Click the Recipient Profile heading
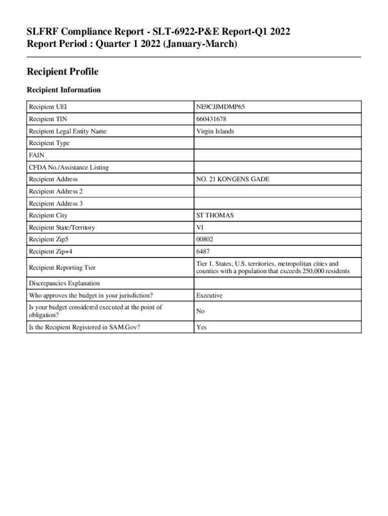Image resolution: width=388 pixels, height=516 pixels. point(62,72)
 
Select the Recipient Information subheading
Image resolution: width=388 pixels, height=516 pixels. point(63,90)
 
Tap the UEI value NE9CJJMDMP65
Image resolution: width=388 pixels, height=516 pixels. point(221,107)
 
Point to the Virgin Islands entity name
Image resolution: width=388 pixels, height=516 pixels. point(215,131)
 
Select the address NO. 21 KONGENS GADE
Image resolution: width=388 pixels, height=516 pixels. point(233,179)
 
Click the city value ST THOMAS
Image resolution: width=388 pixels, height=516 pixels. point(215,216)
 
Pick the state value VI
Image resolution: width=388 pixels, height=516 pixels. point(200,228)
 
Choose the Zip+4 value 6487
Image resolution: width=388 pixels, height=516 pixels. point(204,251)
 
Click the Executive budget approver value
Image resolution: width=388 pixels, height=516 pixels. point(209,295)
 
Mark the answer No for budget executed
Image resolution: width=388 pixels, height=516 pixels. point(201,311)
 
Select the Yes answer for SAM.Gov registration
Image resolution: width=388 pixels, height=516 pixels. point(202,327)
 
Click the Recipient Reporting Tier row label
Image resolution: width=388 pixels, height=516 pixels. point(62,268)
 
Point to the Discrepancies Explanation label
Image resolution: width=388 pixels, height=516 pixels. point(64,283)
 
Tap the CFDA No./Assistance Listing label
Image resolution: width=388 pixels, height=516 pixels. point(69,167)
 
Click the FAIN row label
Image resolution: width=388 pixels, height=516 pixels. point(37,155)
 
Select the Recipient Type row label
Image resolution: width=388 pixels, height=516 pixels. point(49,143)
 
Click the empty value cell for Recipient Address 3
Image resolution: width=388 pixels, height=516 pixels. point(277,204)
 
